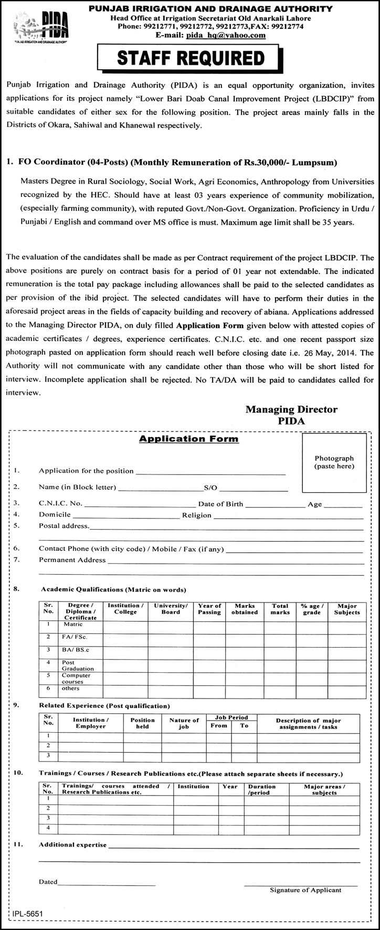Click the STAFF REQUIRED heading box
point(191,58)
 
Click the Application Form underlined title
point(188,439)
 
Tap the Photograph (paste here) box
point(334,462)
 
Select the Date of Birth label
point(220,504)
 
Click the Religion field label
point(197,515)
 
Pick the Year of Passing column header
point(209,609)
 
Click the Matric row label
point(73,625)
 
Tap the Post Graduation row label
point(78,665)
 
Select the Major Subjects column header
point(347,609)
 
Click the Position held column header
point(142,723)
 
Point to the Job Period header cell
point(231,717)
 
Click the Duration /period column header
point(261,789)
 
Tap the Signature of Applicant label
point(305,890)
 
